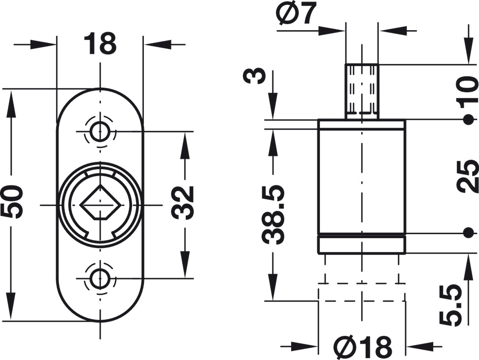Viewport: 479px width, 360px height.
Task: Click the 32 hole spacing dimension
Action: pyautogui.click(x=183, y=202)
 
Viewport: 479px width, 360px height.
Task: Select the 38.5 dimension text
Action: pyautogui.click(x=273, y=215)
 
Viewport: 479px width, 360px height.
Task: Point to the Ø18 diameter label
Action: pyautogui.click(x=362, y=347)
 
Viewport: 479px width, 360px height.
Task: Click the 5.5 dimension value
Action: pyautogui.click(x=451, y=304)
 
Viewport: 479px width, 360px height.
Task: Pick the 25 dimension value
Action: pyautogui.click(x=467, y=176)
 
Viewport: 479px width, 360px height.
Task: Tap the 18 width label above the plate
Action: pyautogui.click(x=100, y=44)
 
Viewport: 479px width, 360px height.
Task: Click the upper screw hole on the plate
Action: pyautogui.click(x=100, y=132)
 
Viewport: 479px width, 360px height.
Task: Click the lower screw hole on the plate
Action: pyautogui.click(x=100, y=278)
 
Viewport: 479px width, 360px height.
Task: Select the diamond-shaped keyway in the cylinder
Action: pyautogui.click(x=100, y=203)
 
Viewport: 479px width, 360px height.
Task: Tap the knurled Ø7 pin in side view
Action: pyautogui.click(x=362, y=92)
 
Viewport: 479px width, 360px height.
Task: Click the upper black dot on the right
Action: pyautogui.click(x=468, y=119)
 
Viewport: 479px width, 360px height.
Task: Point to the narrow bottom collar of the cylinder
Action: pyautogui.click(x=362, y=245)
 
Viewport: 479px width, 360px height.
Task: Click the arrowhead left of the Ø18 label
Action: pyautogui.click(x=308, y=345)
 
